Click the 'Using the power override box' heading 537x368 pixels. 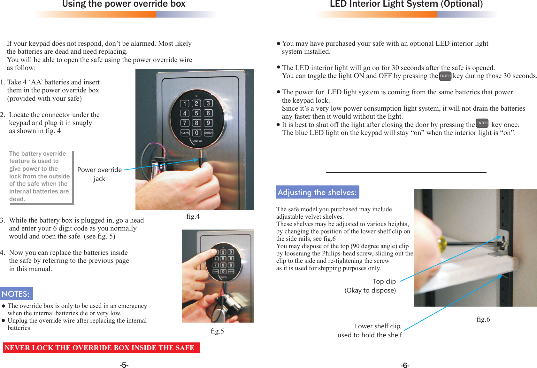(124, 4)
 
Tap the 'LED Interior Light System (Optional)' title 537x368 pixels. (406, 4)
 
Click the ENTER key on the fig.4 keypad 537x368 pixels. (208, 133)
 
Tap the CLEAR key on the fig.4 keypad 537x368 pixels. (185, 133)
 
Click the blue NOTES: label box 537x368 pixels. (16, 294)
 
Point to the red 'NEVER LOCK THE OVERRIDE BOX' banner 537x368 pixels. (101, 348)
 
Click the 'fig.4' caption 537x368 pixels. (193, 216)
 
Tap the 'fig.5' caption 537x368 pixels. (217, 331)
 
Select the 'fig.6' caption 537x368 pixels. (483, 319)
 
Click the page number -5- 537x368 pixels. (124, 365)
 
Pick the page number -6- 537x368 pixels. (405, 365)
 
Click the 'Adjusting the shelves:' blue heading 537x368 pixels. (317, 192)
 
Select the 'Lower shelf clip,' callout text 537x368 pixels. (378, 326)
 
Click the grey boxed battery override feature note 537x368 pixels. (40, 176)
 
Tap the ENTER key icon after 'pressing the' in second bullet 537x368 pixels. (445, 76)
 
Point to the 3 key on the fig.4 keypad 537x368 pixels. (208, 103)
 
